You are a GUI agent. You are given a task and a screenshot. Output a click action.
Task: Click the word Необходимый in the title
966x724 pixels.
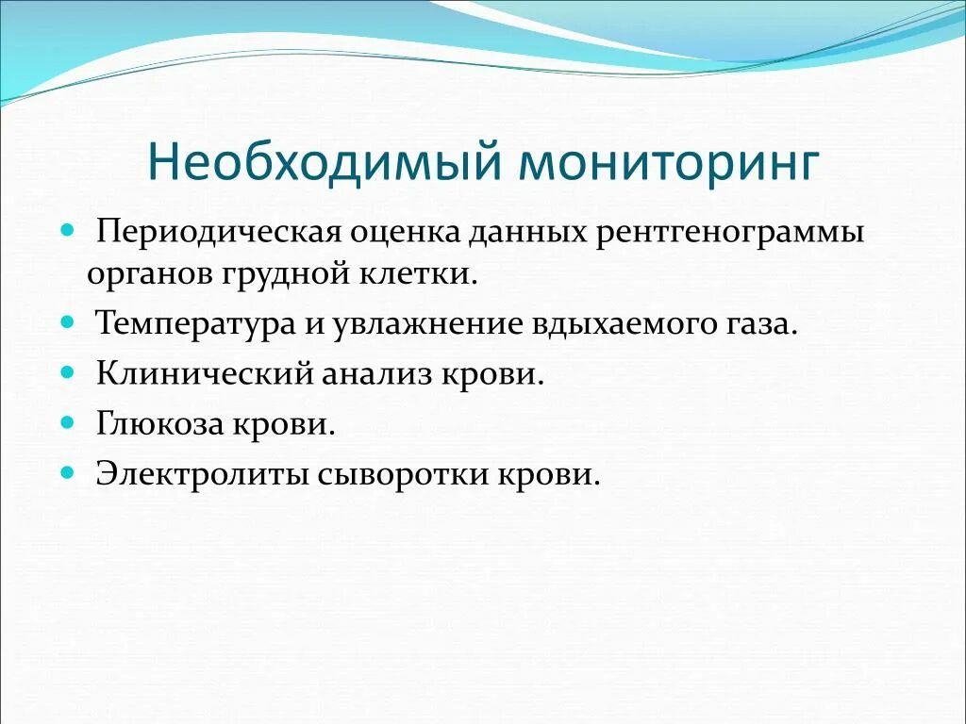tap(322, 162)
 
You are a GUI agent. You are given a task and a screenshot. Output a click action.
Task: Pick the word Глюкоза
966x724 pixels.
tap(158, 424)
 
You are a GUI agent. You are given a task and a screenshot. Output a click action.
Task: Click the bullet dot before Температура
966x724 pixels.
tap(67, 322)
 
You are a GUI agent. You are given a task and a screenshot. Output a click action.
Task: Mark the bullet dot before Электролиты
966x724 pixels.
tap(67, 472)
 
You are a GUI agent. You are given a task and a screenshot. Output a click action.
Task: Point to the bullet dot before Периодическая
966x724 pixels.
tap(67, 230)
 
